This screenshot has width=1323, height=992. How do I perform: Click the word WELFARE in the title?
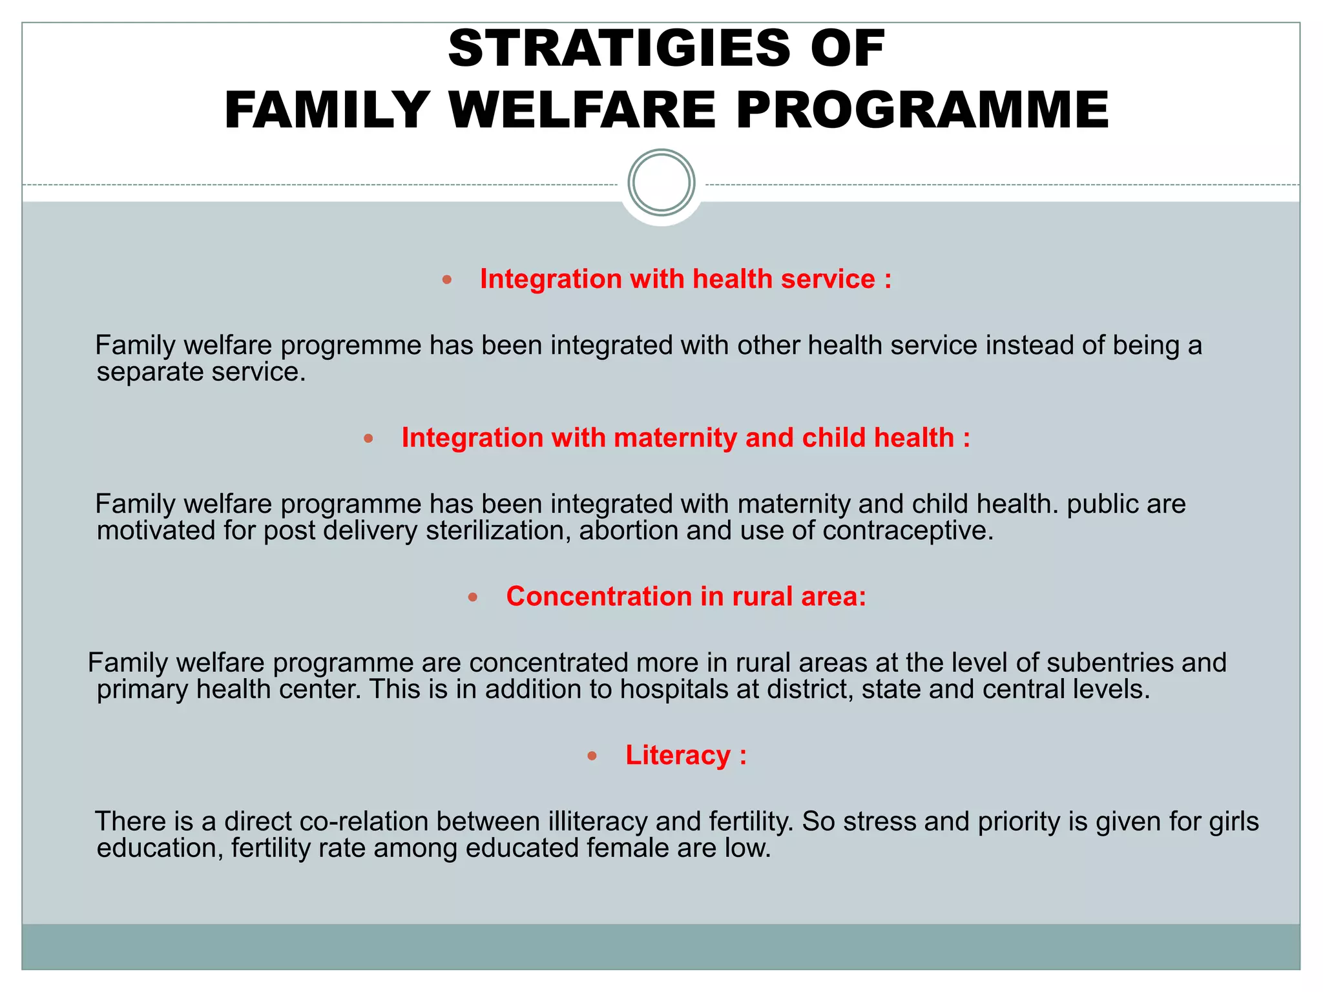click(x=582, y=110)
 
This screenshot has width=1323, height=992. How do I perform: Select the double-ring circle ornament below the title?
click(x=661, y=182)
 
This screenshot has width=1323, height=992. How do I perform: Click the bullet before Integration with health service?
click(x=447, y=280)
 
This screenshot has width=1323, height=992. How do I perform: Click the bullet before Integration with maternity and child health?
click(x=368, y=439)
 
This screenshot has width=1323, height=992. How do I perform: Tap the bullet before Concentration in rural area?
click(x=472, y=597)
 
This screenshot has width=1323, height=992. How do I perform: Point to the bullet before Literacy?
click(x=592, y=756)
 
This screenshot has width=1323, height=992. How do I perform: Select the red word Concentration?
click(x=598, y=596)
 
